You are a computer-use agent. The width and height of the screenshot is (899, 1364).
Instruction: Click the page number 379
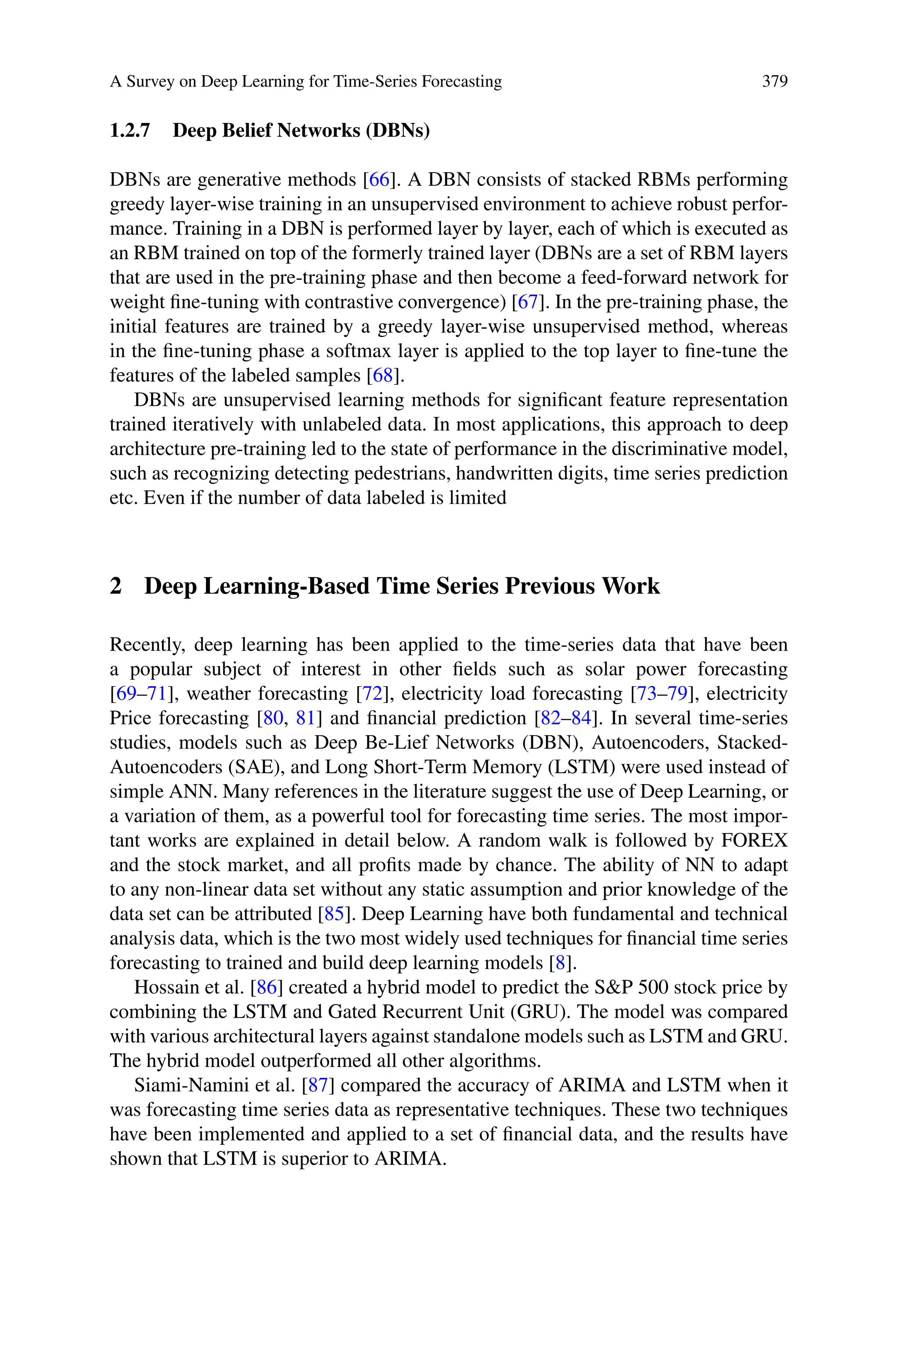[775, 81]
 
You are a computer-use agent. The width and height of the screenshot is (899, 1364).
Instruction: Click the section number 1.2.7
[129, 131]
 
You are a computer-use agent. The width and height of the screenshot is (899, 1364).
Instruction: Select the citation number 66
[379, 180]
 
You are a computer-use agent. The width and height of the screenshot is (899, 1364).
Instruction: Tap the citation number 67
[528, 302]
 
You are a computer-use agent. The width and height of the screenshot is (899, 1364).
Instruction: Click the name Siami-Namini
[187, 1085]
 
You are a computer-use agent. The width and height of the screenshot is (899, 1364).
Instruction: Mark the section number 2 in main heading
[116, 586]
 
